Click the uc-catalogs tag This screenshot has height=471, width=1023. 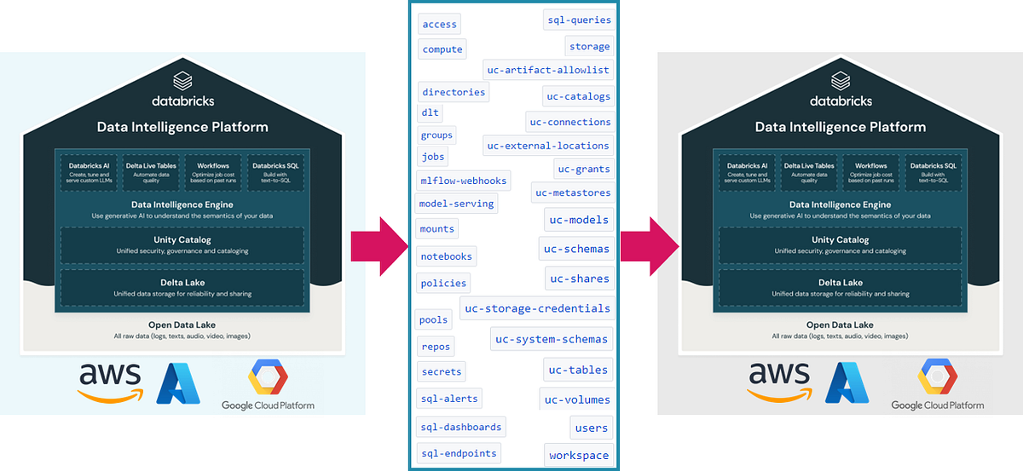click(x=578, y=96)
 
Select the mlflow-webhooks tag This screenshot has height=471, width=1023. click(x=464, y=181)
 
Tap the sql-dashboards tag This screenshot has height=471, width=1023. click(x=461, y=427)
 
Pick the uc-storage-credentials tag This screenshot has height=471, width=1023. click(x=536, y=308)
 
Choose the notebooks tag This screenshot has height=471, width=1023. click(x=446, y=256)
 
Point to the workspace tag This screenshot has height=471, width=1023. click(x=579, y=455)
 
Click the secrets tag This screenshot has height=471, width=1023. click(x=442, y=371)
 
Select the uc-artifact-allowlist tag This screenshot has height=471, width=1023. click(x=547, y=70)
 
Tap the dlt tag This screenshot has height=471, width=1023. click(x=430, y=112)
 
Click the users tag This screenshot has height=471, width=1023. click(x=592, y=428)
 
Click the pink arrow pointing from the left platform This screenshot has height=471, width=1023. click(x=379, y=245)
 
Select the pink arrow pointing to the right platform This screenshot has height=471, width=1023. click(x=649, y=245)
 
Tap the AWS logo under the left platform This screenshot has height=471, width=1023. click(x=109, y=381)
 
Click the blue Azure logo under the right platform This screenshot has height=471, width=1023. click(x=846, y=382)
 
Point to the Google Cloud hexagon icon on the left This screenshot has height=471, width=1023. click(x=268, y=377)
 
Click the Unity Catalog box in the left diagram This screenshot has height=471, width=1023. click(x=182, y=245)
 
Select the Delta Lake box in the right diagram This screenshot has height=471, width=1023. click(x=840, y=288)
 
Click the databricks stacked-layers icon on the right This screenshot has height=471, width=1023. click(x=841, y=81)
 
